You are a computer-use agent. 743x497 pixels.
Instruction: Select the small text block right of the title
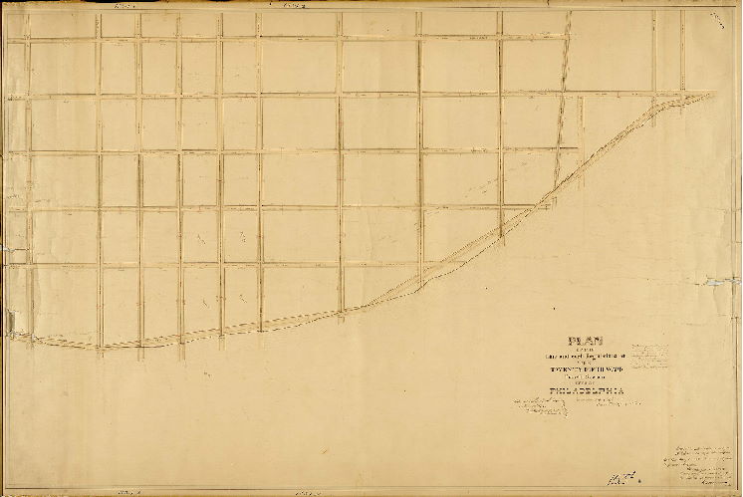click(657, 357)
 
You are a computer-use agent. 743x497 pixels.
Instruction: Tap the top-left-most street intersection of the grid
click(28, 40)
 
